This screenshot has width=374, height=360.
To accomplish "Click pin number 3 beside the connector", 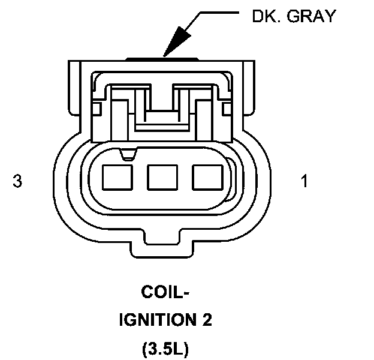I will (17, 181).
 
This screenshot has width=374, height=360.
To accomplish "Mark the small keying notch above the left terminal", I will (126, 155).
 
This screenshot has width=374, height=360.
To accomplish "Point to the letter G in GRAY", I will (298, 16).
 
